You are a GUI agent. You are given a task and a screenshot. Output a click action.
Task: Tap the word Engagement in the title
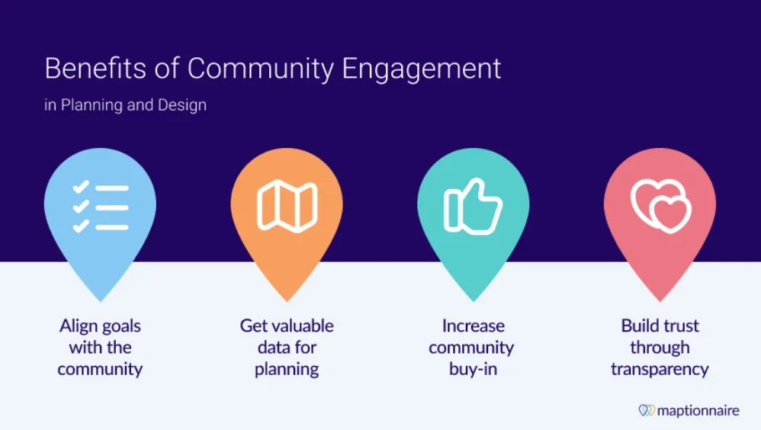click(x=421, y=70)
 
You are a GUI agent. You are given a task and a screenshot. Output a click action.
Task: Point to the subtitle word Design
click(x=182, y=105)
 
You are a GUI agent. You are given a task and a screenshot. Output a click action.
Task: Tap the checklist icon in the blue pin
click(x=100, y=206)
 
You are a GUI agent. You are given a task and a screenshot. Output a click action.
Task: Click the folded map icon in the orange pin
click(x=287, y=206)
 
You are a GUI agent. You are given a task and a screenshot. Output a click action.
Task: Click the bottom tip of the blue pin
click(x=100, y=299)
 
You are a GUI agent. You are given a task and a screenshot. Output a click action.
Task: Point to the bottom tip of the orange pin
click(x=287, y=299)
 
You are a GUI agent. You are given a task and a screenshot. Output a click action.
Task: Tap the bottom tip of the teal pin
click(x=473, y=299)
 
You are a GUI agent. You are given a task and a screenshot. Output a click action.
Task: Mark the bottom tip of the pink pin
click(x=660, y=299)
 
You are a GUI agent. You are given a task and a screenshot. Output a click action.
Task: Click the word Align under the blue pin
click(x=79, y=326)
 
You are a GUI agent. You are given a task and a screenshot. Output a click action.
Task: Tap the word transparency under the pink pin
click(x=660, y=370)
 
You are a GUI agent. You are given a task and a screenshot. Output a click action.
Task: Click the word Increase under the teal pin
click(x=473, y=326)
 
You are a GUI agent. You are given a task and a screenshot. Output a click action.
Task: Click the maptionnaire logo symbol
click(x=647, y=410)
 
